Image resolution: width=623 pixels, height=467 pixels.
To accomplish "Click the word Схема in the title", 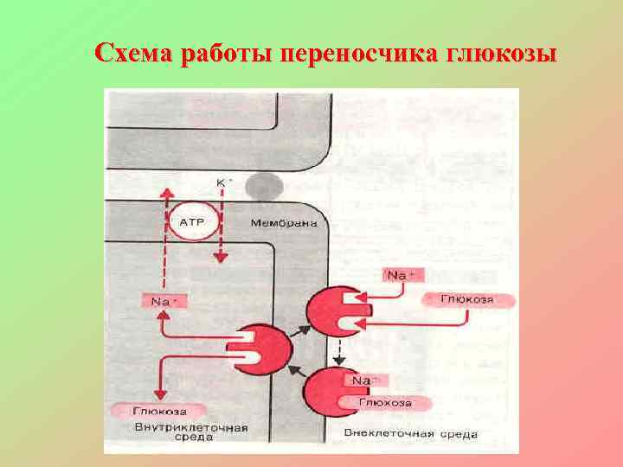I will (x=132, y=54).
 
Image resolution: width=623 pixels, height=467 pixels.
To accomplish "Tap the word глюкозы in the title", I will (x=500, y=54).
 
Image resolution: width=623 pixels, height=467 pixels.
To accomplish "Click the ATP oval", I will (x=190, y=223).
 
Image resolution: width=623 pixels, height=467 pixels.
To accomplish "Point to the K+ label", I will (x=223, y=182).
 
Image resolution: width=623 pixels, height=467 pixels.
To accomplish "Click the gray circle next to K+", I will (x=261, y=186).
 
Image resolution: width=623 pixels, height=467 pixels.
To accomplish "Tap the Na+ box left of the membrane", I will (x=162, y=302).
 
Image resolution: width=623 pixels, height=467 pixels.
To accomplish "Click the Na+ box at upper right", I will (x=400, y=275).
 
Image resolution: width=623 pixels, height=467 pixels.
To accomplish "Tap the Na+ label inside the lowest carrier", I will (x=363, y=381).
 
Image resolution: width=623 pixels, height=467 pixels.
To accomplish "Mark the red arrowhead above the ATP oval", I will (x=164, y=189).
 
